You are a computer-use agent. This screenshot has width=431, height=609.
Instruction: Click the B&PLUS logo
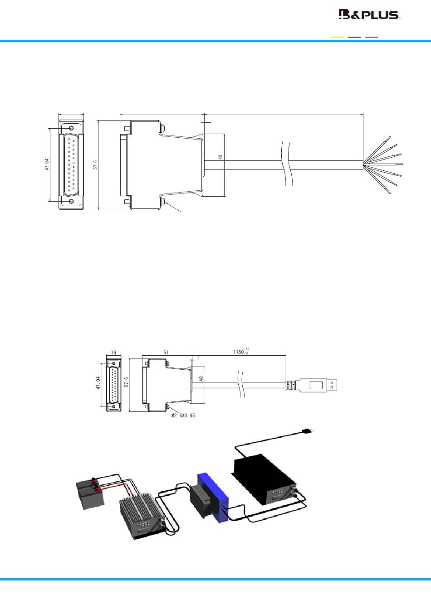[369, 14]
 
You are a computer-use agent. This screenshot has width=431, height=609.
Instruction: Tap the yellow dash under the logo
[337, 37]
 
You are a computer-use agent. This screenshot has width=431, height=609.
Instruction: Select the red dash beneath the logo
[372, 37]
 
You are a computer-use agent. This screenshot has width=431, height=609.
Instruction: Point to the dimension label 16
[113, 353]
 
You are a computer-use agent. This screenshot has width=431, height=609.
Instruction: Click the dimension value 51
[166, 353]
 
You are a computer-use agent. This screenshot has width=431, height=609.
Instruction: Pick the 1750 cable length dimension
[241, 351]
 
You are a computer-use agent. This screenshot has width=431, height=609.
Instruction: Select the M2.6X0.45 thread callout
[183, 416]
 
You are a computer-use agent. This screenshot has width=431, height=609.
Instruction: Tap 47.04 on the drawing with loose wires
[47, 164]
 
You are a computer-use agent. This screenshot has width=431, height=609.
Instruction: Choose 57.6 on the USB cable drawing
[126, 382]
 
